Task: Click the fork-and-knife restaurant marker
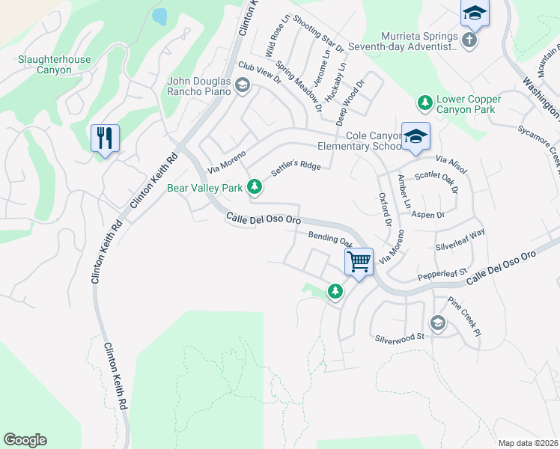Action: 105,138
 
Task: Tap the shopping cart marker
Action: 359,262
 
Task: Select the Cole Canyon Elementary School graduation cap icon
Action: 416,136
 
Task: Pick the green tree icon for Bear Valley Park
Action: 255,186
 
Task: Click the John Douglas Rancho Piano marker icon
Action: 242,86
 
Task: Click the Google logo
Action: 25,440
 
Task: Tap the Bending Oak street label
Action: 330,239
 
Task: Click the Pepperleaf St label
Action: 442,275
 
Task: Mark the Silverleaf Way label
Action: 460,239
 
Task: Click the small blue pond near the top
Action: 159,16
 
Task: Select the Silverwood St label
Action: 400,337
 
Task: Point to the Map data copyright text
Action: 527,443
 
